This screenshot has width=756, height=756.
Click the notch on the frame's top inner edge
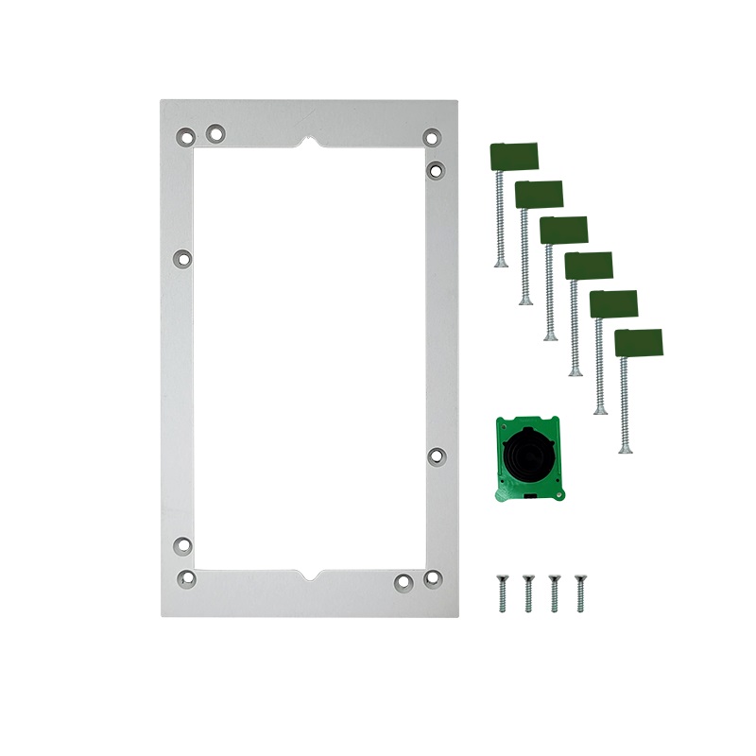[309, 144]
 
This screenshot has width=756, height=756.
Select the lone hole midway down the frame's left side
[183, 257]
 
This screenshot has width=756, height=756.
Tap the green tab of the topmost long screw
[514, 155]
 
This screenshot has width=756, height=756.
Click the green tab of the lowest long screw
[638, 341]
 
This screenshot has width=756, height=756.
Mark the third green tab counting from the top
[563, 230]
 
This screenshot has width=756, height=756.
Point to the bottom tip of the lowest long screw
[624, 451]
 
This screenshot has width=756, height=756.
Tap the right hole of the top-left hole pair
[215, 133]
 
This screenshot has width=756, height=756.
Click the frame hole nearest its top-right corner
[431, 137]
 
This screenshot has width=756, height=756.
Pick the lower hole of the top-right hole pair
[436, 170]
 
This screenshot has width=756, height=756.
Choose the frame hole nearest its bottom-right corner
[432, 576]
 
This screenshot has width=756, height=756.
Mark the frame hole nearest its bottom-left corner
[186, 576]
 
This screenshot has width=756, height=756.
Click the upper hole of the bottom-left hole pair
[183, 545]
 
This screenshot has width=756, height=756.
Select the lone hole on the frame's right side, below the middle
[436, 455]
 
